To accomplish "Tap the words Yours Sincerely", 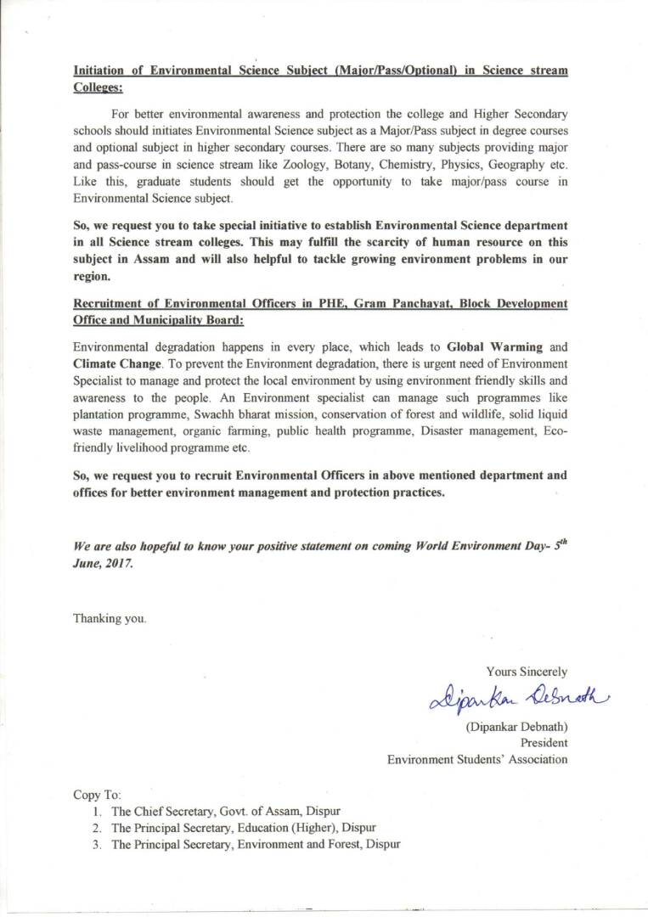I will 527,672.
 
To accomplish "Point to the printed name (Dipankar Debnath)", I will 516,728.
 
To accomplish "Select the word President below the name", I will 543,743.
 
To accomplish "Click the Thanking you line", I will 110,618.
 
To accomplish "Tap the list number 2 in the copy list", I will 98,828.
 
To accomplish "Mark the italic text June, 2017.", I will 103,564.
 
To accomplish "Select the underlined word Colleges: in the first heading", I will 99,87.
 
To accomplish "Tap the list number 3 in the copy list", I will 98,844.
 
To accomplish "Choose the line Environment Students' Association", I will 477,759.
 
